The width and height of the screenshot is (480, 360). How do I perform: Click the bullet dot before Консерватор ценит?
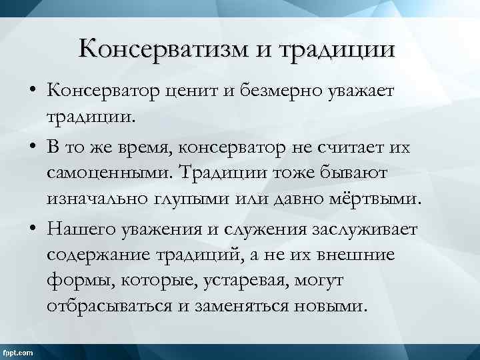[x=33, y=93]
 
